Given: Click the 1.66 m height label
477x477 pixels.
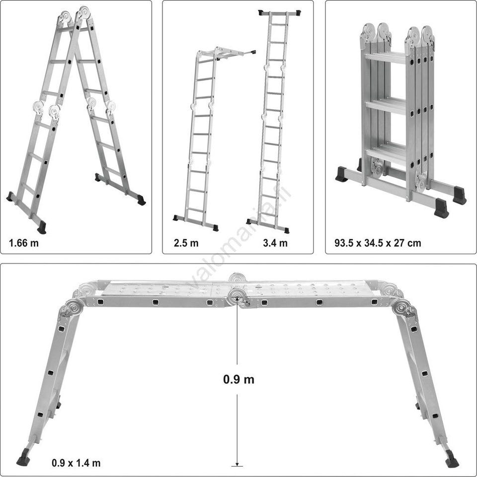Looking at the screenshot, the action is pyautogui.click(x=24, y=243).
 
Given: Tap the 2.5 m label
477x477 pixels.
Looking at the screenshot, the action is pyautogui.click(x=186, y=243).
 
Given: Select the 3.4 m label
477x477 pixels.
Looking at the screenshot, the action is pyautogui.click(x=275, y=243).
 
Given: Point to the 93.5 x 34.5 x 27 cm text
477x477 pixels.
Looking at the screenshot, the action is pyautogui.click(x=378, y=243).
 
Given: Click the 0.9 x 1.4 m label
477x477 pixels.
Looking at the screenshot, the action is pyautogui.click(x=76, y=463).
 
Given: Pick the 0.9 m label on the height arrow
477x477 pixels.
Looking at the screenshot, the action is pyautogui.click(x=238, y=379).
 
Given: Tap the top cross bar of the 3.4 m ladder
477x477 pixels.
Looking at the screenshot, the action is pyautogui.click(x=279, y=13).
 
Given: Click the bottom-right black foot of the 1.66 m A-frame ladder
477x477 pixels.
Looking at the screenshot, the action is pyautogui.click(x=141, y=200).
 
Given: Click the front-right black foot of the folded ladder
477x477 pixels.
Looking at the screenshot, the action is pyautogui.click(x=441, y=208).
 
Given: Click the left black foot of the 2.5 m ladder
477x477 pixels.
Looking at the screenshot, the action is pyautogui.click(x=176, y=218).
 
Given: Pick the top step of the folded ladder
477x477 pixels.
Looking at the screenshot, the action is pyautogui.click(x=385, y=58).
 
